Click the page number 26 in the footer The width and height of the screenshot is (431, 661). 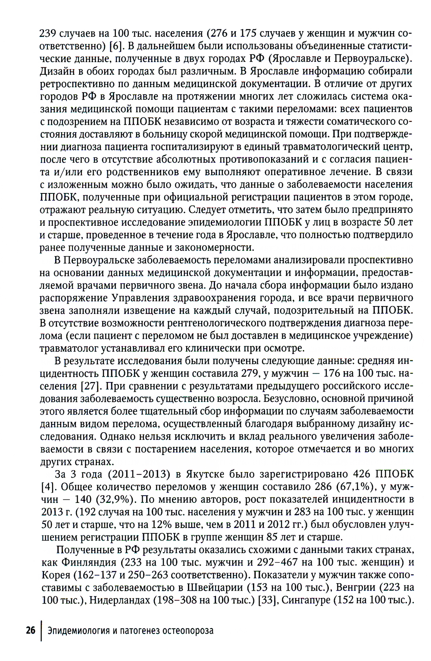coord(30,630)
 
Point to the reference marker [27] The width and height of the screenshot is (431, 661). coord(90,386)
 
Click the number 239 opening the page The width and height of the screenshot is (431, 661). coord(48,33)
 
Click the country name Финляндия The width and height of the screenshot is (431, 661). coord(89,563)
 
